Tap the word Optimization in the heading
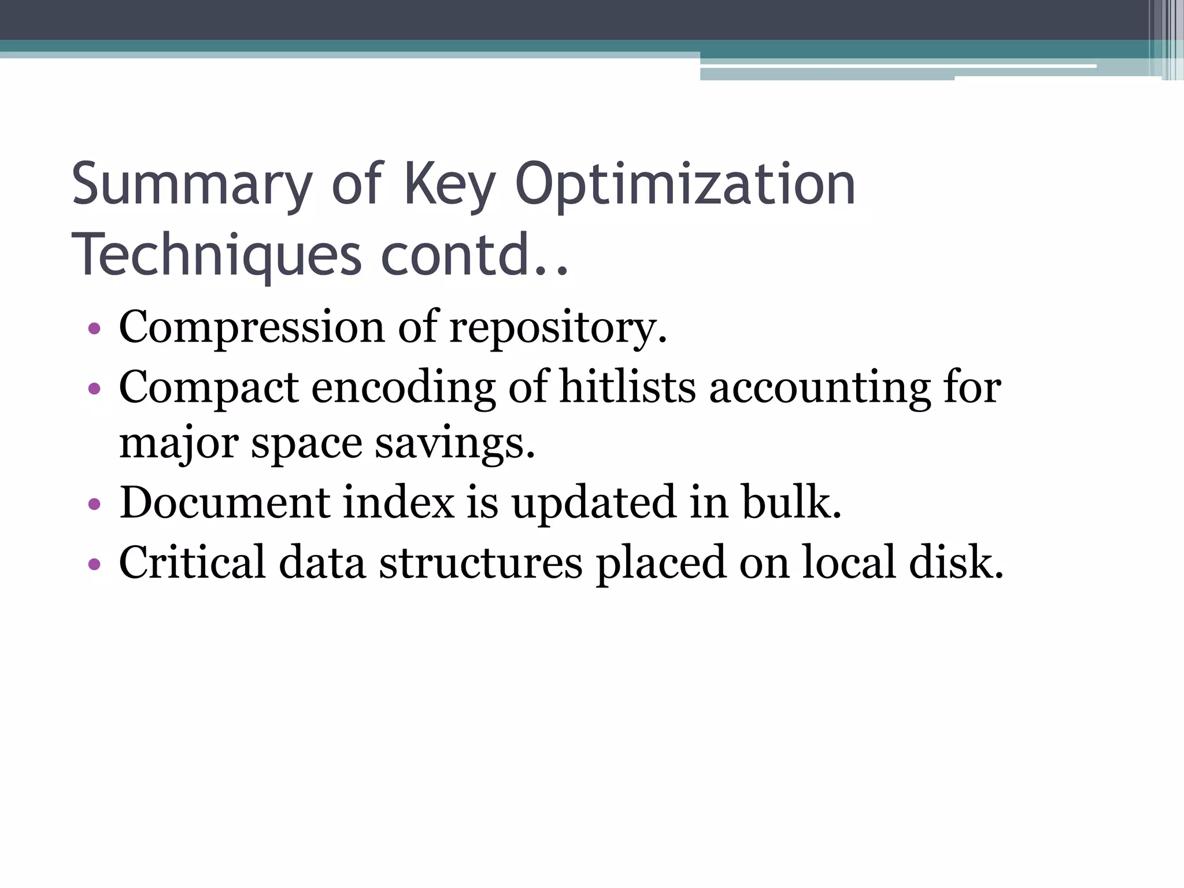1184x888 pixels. point(685,185)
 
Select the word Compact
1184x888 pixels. point(209,387)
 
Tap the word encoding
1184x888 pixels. point(403,387)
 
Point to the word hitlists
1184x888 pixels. point(628,387)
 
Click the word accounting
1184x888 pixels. point(820,387)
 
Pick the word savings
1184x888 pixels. point(454,444)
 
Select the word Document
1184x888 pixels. point(225,502)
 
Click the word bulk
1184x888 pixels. point(791,502)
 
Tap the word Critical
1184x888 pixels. point(192,562)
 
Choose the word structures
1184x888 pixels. point(480,562)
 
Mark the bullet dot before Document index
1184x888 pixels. point(94,504)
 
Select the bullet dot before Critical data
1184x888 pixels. point(94,564)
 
